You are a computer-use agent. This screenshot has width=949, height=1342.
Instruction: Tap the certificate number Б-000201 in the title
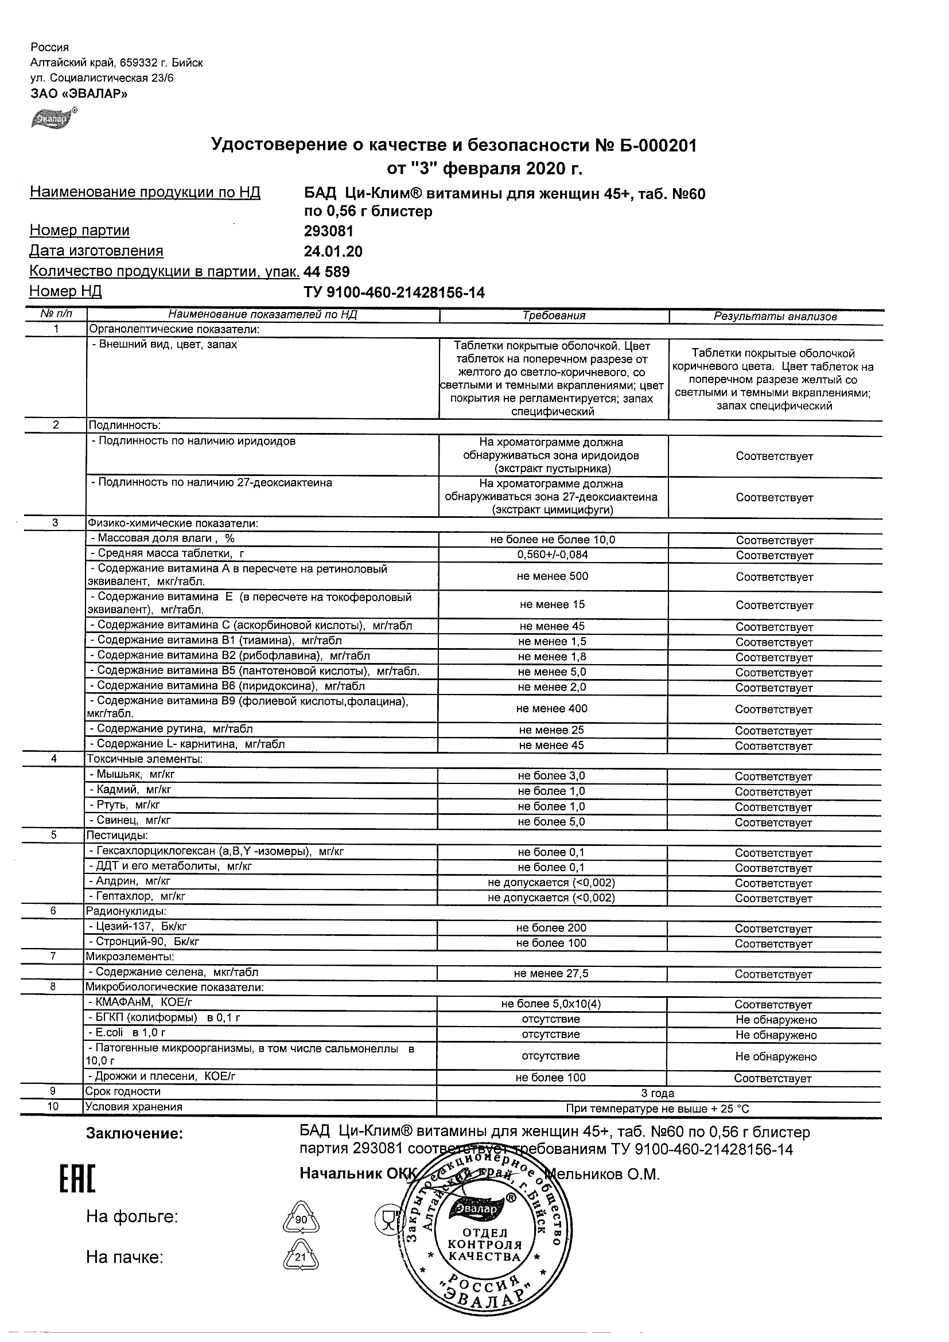[x=657, y=146]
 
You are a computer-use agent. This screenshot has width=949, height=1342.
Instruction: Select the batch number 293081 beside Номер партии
[x=329, y=231]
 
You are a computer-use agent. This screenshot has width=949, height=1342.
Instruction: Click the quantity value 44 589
[x=327, y=272]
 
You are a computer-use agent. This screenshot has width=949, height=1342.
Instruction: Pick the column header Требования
[x=553, y=316]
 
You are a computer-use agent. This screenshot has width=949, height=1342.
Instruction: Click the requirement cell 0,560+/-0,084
[x=553, y=555]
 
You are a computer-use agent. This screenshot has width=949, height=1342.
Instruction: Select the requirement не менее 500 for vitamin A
[x=553, y=576]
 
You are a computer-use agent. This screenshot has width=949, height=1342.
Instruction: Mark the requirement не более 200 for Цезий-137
[x=551, y=928]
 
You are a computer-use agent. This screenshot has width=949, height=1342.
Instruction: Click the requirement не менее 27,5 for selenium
[x=551, y=974]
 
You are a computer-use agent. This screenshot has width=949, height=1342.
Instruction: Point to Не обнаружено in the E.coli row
[x=775, y=1035]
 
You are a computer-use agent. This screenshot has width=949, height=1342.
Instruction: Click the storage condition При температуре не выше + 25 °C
[x=658, y=1109]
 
